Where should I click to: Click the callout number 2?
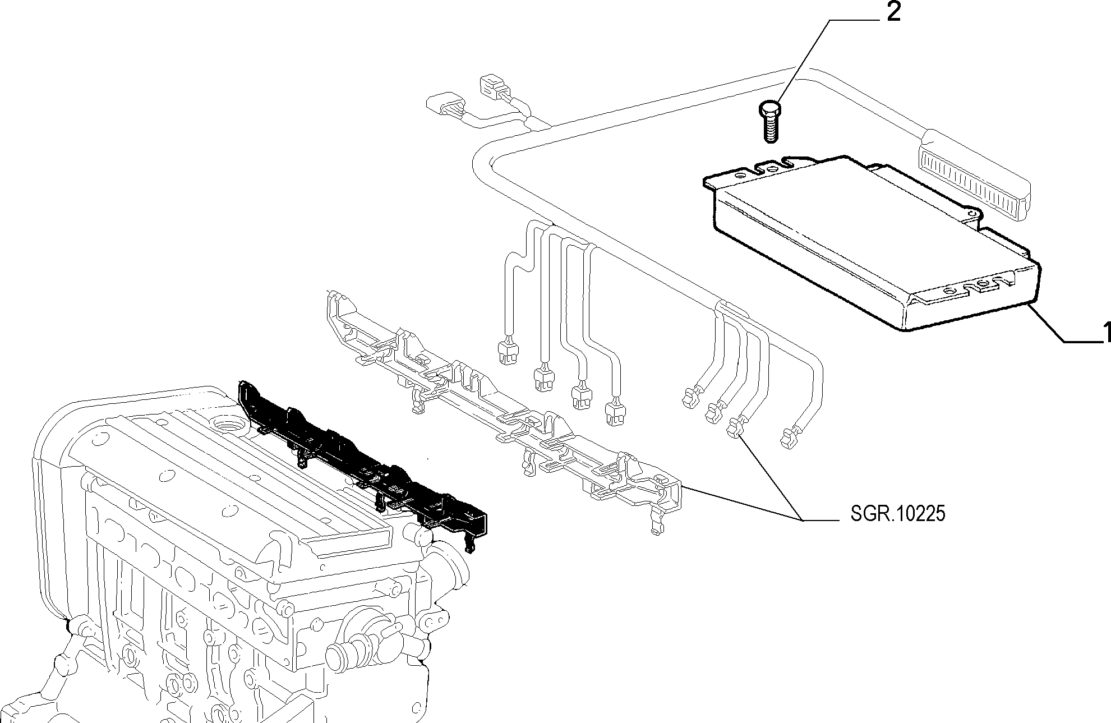(893, 13)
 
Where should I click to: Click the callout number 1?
(1106, 333)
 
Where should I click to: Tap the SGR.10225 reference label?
(897, 514)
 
